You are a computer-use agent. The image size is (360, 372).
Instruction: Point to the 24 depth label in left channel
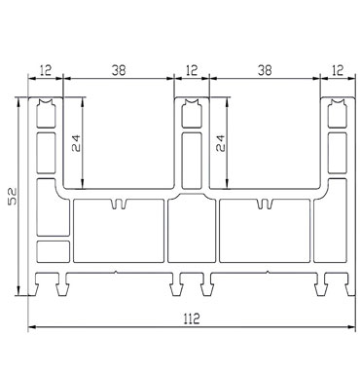point(76,144)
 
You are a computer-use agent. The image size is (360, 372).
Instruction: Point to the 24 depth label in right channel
point(219,144)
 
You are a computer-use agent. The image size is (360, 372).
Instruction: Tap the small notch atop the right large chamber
point(262,205)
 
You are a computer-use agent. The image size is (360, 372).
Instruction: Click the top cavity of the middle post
point(191,116)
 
